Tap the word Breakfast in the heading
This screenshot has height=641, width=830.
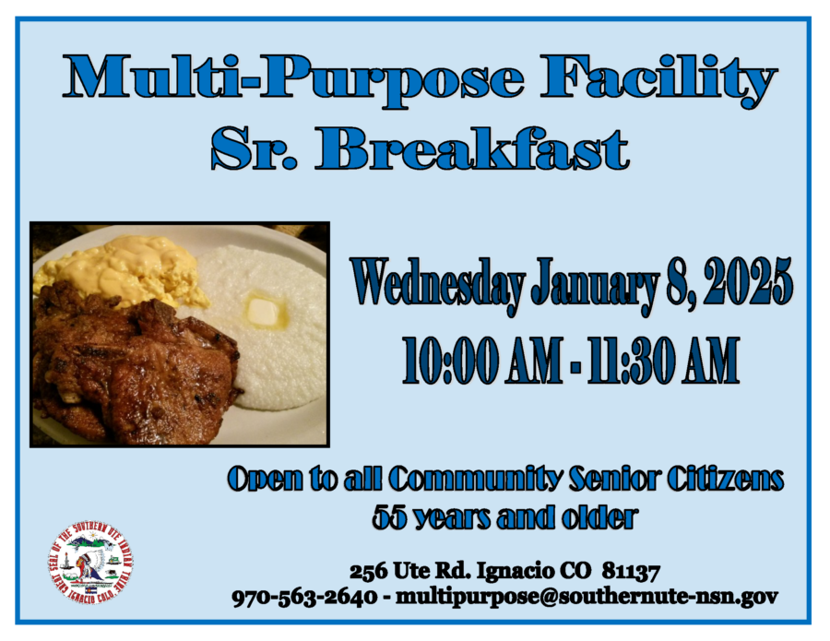473,148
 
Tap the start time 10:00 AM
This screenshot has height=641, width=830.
481,360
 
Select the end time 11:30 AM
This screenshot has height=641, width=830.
662,360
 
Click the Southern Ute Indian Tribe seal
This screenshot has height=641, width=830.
90,562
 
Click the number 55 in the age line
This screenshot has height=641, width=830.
389,516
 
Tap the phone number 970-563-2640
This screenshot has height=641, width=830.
304,597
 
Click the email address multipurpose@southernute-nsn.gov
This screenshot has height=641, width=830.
587,598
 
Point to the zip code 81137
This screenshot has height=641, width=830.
631,572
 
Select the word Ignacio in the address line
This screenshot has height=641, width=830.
507,573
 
